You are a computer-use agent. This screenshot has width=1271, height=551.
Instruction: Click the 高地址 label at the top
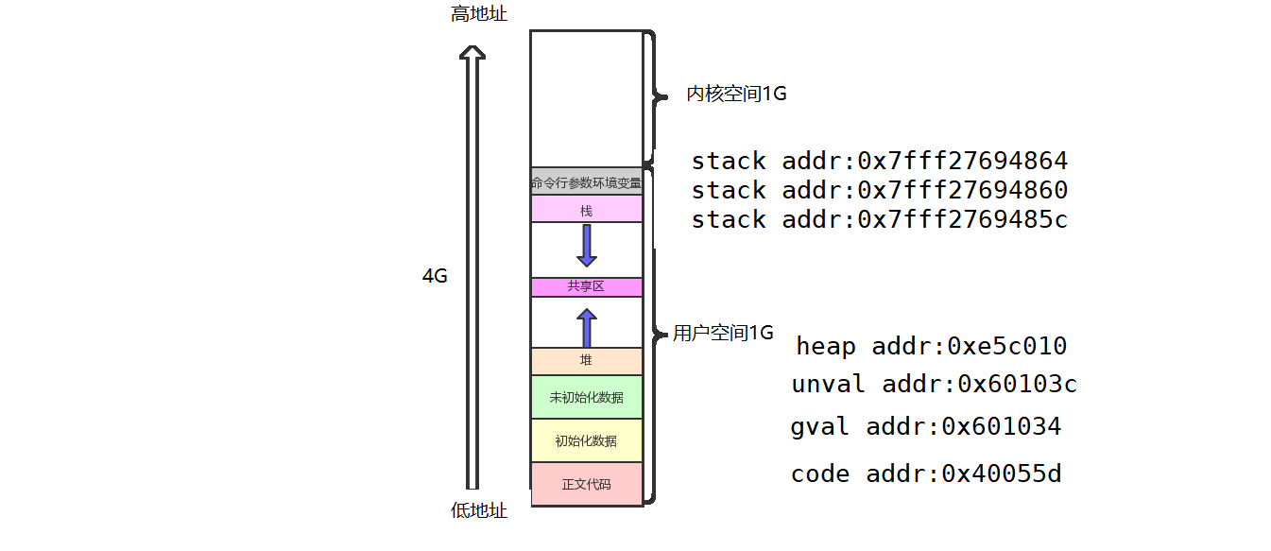479,14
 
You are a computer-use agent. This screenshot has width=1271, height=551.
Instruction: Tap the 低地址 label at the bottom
479,511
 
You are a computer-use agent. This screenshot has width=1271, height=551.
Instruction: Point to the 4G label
435,277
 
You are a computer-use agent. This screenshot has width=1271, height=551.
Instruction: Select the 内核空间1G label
736,95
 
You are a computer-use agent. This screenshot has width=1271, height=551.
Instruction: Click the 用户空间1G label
723,334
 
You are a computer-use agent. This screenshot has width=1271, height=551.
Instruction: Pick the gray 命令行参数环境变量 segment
587,182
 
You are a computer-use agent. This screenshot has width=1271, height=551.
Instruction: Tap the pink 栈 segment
587,209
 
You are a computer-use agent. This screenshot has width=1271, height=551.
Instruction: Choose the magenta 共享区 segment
587,286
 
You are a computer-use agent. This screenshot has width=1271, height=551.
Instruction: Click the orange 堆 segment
587,360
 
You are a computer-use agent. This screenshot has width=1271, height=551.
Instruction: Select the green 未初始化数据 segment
587,397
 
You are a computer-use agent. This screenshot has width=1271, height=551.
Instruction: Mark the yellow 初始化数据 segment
587,440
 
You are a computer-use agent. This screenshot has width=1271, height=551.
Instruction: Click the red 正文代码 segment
587,484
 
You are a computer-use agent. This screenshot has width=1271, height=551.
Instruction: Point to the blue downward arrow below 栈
587,245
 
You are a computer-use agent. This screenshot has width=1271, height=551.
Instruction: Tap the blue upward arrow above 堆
587,328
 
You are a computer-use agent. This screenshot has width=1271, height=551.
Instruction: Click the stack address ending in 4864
879,161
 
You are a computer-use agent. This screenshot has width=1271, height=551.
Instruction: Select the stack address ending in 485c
879,219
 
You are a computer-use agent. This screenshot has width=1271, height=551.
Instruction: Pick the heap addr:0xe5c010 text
931,346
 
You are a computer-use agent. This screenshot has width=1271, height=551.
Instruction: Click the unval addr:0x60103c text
934,385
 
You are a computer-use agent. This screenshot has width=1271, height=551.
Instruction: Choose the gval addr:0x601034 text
925,427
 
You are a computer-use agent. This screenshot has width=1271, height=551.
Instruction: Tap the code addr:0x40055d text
925,474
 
